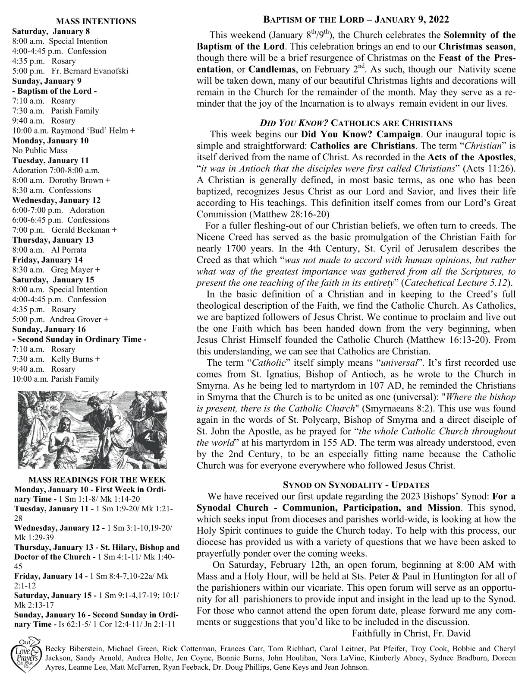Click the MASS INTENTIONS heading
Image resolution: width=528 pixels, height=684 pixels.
(96, 21)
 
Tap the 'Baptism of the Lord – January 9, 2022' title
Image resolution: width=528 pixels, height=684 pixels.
(356, 20)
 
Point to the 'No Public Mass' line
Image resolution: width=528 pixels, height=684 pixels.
(40, 150)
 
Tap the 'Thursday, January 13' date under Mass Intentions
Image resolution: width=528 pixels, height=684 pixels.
(53, 240)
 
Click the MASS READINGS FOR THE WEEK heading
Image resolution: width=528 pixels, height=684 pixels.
(97, 480)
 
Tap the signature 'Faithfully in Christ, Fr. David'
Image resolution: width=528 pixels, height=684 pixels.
(411, 633)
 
